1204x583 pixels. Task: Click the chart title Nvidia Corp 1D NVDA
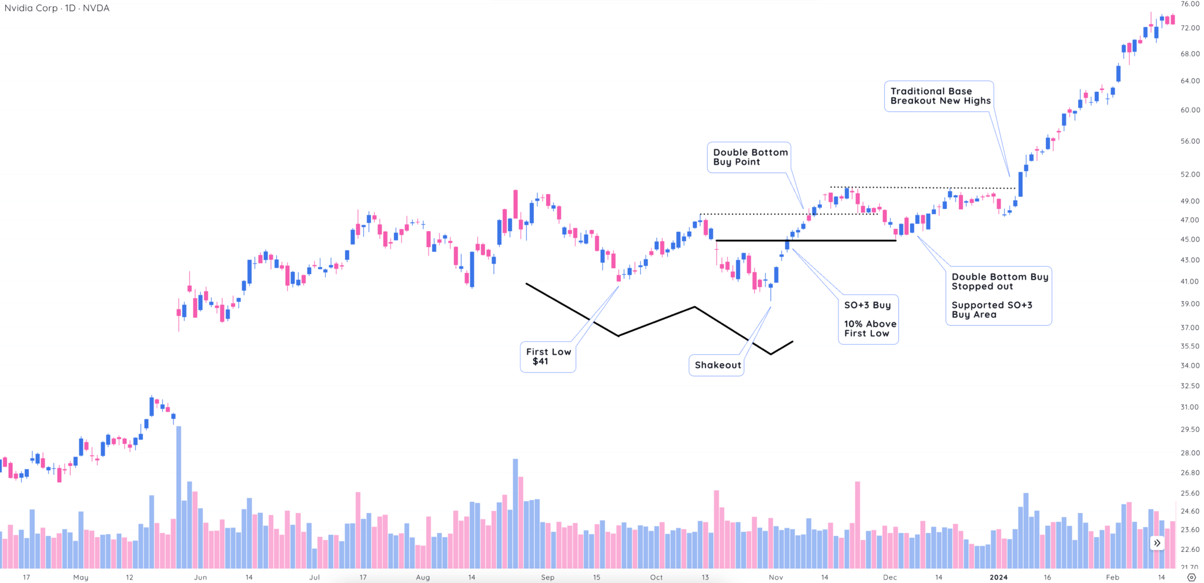tap(57, 8)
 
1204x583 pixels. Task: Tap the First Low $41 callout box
tap(548, 357)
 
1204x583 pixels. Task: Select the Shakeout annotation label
tap(717, 365)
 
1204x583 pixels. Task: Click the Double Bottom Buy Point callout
tap(750, 157)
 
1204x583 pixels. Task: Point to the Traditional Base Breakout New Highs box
tap(939, 96)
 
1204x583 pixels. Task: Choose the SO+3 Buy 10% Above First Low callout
tap(869, 319)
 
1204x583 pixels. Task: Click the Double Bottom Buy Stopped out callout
tap(999, 295)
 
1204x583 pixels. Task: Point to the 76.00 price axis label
tap(1189, 4)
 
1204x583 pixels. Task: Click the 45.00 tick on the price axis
tap(1189, 239)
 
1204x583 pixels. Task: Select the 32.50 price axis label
tap(1189, 386)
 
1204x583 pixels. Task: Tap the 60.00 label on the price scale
tap(1189, 110)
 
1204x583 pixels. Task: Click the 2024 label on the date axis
tap(998, 577)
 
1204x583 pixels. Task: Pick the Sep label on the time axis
tap(547, 577)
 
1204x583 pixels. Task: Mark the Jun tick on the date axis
tap(200, 577)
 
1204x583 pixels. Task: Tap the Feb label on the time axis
tap(1112, 577)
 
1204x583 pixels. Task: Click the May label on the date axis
tap(81, 577)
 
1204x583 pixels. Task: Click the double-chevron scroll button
tap(1157, 543)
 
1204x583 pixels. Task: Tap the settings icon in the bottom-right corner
tap(1192, 577)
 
